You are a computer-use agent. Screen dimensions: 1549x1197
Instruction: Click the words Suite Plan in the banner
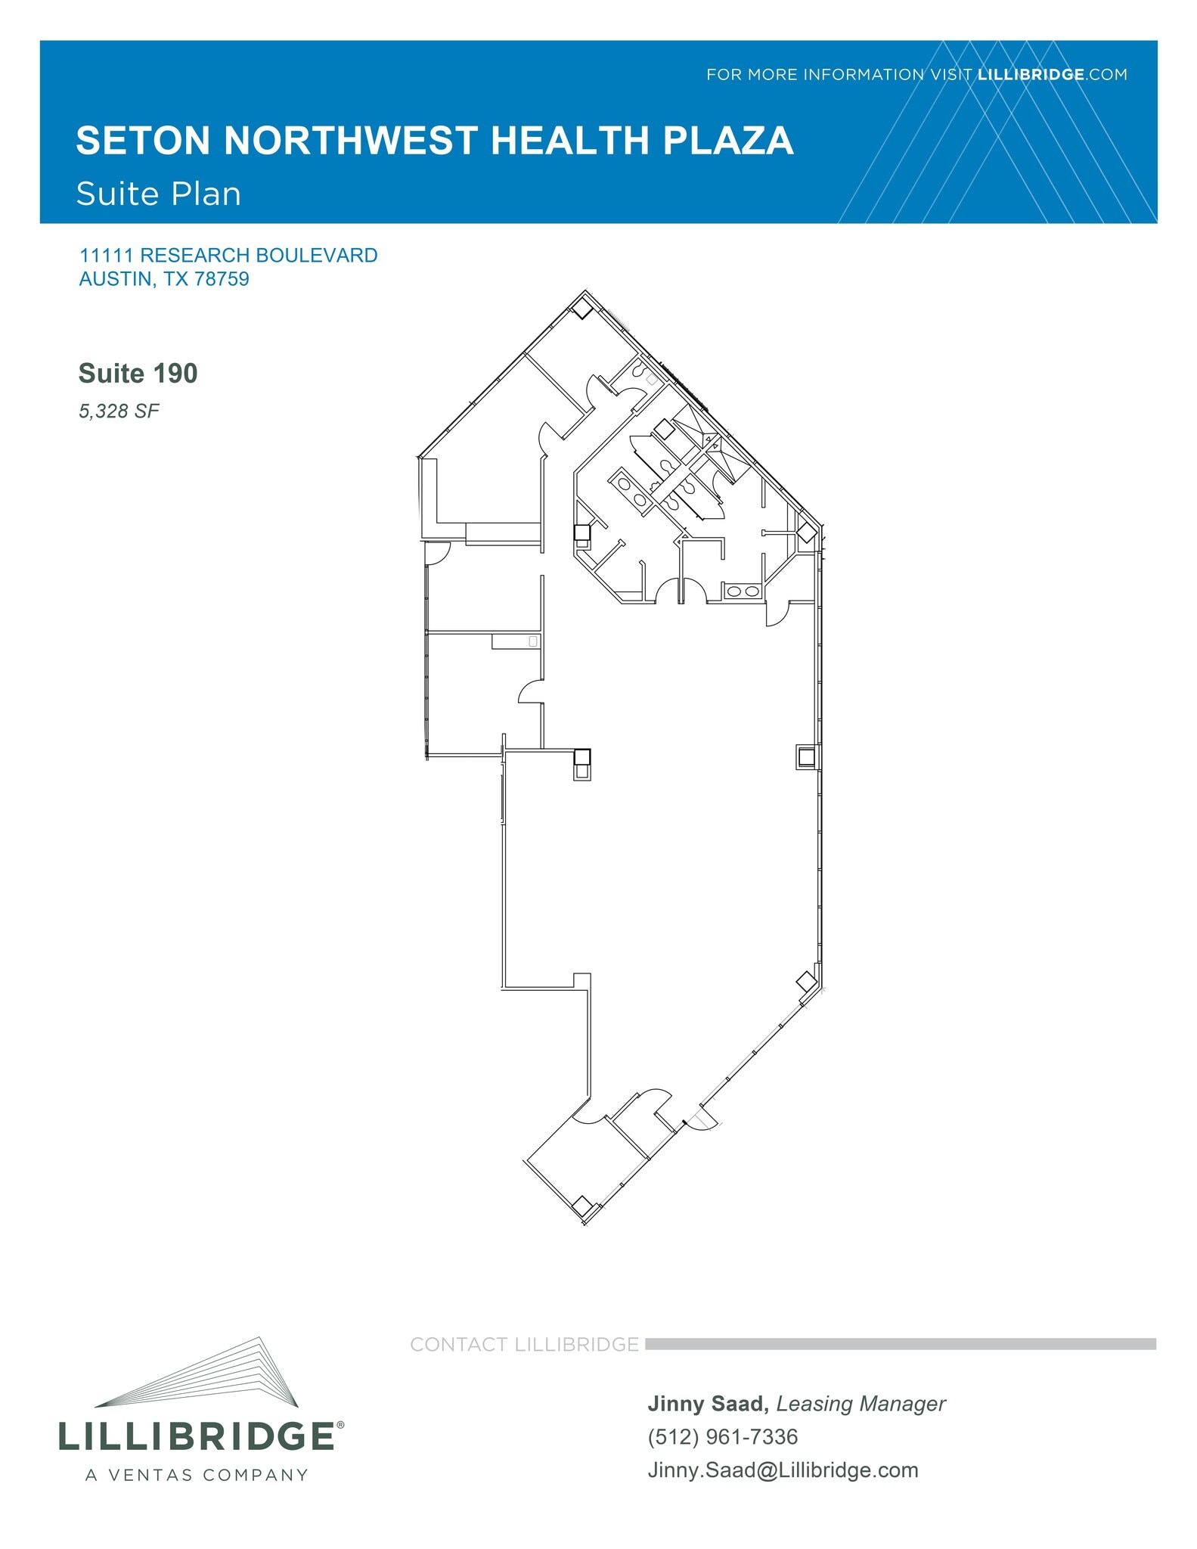tap(159, 194)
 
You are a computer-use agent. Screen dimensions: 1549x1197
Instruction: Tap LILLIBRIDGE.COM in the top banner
tap(1052, 75)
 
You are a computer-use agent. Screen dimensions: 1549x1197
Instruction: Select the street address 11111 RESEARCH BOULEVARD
tap(228, 256)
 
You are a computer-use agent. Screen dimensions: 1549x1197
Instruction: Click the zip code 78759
tap(222, 279)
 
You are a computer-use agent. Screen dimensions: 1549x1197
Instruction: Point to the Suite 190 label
tap(138, 374)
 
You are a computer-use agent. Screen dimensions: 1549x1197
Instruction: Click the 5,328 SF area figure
tap(119, 411)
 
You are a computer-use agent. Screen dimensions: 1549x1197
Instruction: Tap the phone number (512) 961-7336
tap(722, 1436)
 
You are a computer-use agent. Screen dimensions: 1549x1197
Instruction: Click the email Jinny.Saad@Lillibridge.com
tap(783, 1470)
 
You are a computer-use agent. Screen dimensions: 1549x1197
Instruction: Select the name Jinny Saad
tap(705, 1404)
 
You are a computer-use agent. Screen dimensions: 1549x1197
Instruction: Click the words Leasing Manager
tap(861, 1404)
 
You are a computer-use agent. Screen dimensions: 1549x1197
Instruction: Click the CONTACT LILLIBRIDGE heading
tap(524, 1344)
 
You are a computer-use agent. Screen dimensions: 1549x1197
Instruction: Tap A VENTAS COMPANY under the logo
tap(197, 1475)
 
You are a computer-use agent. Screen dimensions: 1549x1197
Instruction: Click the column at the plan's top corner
tap(582, 308)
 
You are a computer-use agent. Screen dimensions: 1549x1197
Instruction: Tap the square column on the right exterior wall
tap(806, 756)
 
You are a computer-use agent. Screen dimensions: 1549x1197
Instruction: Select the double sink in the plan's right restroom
tap(742, 591)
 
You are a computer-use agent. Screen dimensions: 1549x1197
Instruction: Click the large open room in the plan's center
tap(665, 832)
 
